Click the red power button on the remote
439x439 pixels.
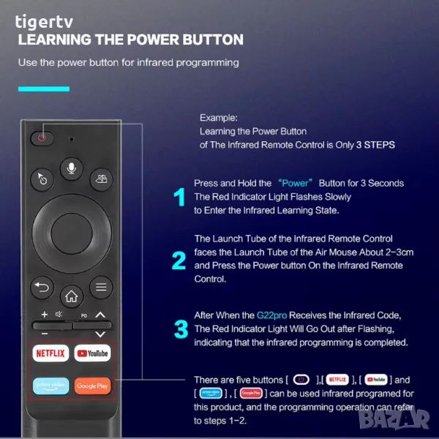42,138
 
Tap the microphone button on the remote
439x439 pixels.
72,168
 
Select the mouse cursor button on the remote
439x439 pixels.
42,179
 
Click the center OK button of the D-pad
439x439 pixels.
72,234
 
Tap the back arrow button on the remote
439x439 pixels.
42,288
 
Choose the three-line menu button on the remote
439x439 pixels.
101,288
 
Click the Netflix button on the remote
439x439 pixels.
50,353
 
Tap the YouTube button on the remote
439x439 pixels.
93,353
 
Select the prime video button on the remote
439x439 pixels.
50,386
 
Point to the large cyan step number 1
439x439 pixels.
179,197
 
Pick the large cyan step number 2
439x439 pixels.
179,260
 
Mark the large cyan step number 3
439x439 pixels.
181,329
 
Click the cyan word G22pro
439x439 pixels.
272,315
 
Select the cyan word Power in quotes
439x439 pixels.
295,183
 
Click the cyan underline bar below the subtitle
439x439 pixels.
44,89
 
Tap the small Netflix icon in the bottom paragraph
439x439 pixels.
337,380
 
